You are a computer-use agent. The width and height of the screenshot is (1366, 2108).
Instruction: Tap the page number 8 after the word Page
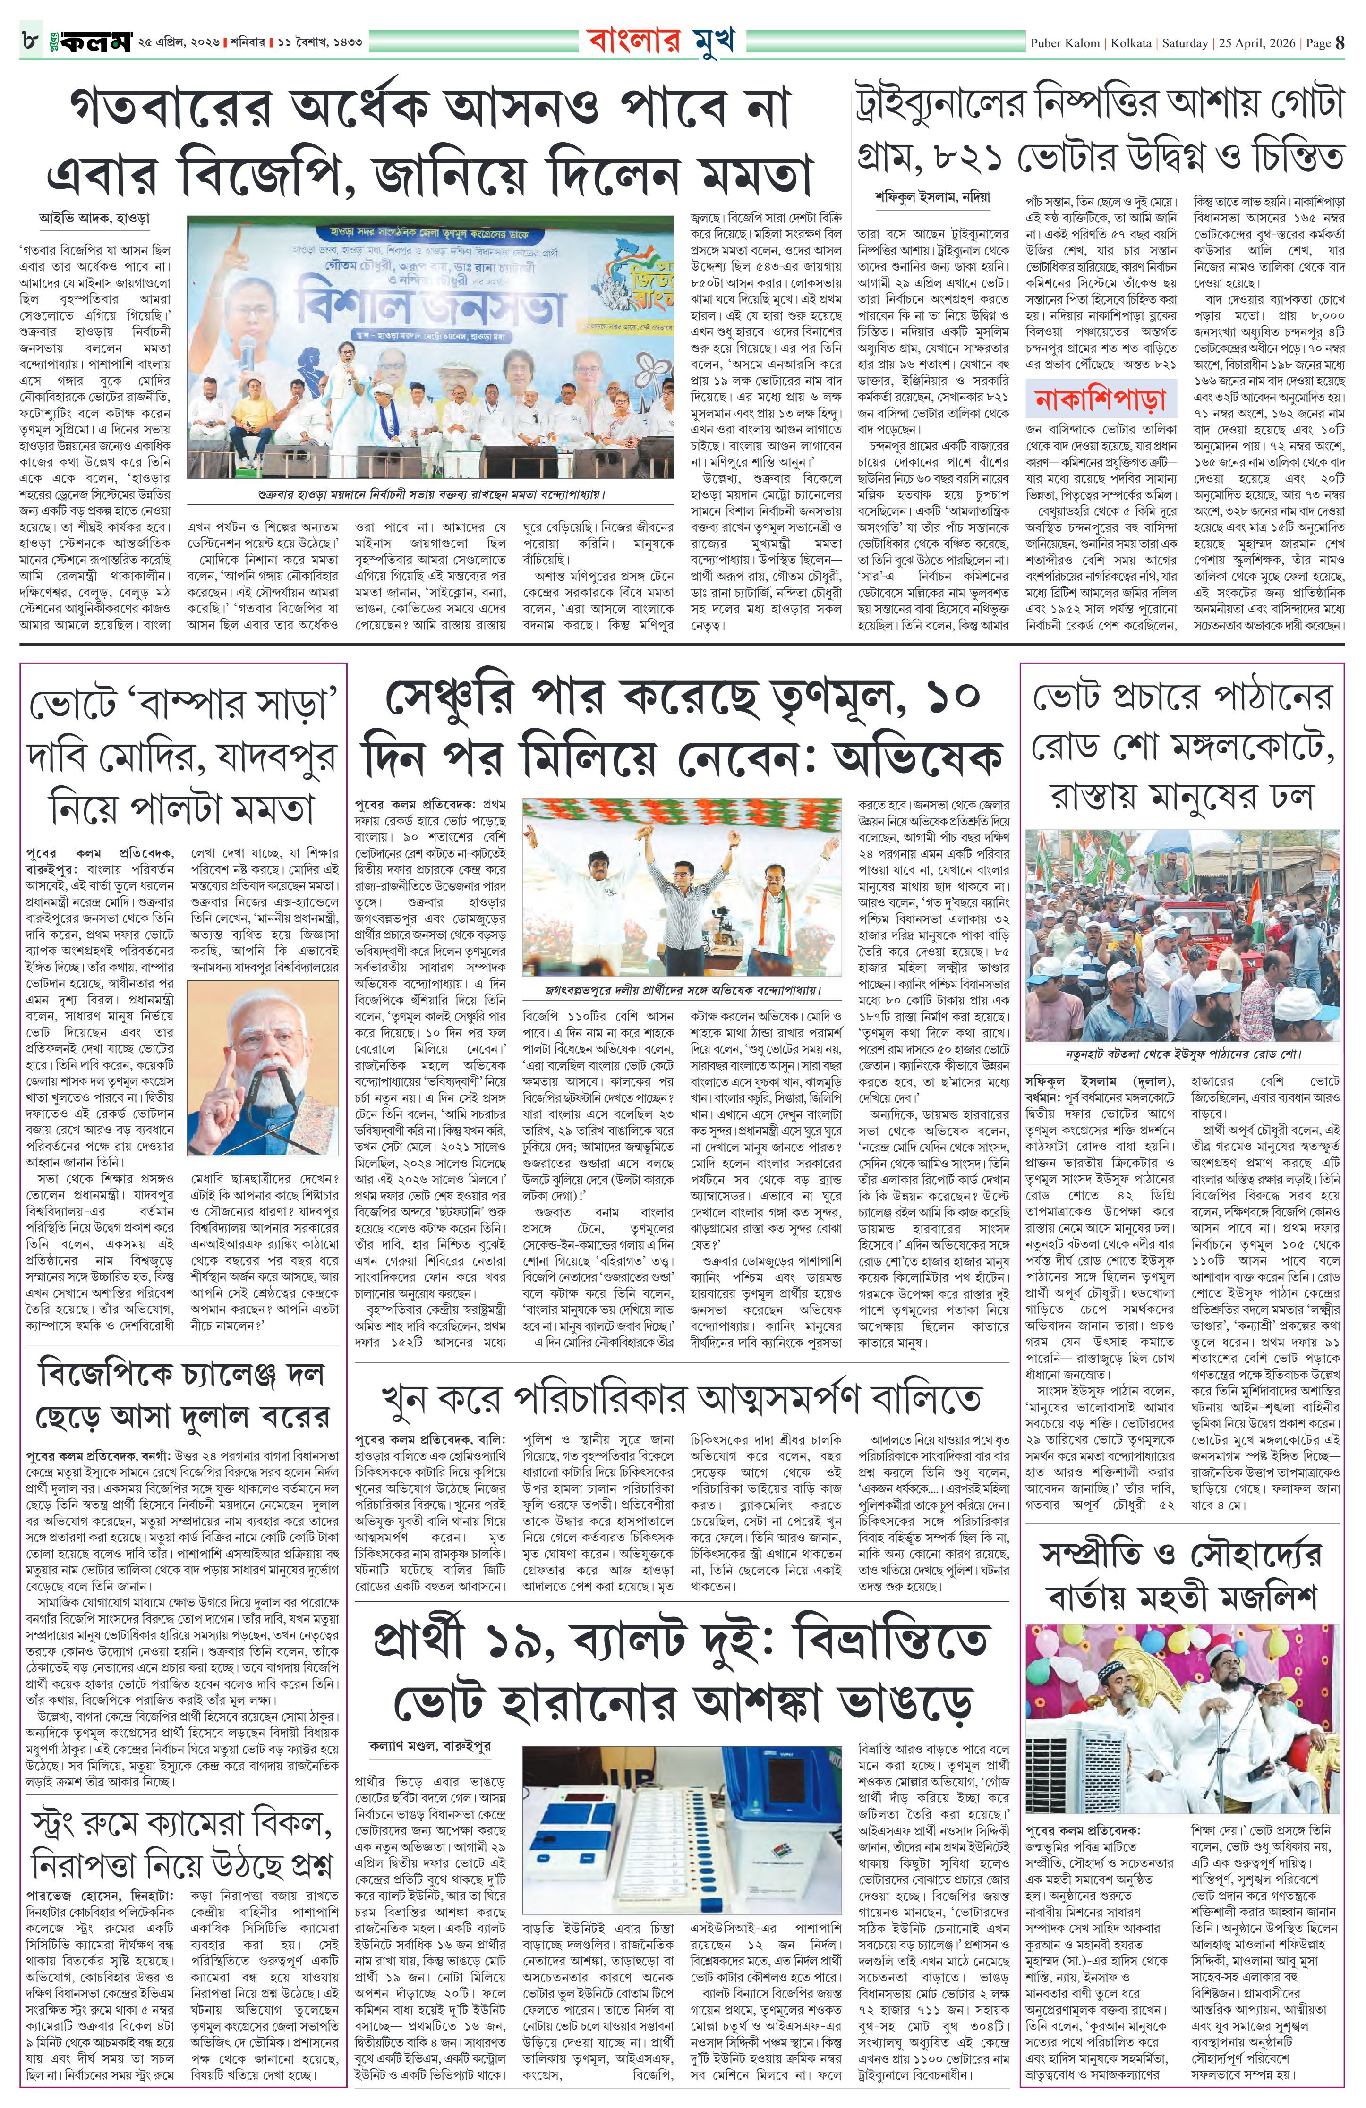coord(1340,42)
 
